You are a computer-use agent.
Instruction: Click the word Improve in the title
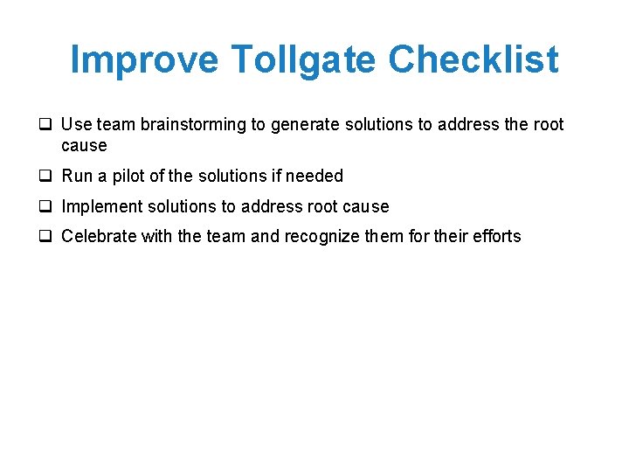[144, 59]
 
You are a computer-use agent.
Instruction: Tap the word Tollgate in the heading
[305, 59]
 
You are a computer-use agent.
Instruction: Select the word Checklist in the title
[473, 59]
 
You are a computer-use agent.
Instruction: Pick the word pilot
[128, 176]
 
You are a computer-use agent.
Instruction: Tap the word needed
[314, 176]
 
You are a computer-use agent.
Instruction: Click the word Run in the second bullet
[77, 176]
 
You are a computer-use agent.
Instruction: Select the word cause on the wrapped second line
[84, 145]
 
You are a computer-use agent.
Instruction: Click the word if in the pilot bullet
[276, 176]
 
